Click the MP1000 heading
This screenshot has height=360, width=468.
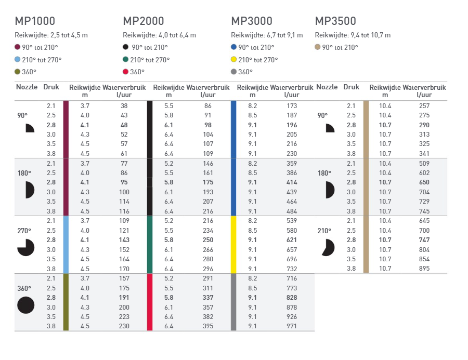pos(35,21)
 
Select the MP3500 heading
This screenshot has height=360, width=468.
pos(335,21)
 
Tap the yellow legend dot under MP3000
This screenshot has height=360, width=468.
pos(233,59)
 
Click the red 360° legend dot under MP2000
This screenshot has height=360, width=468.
pos(126,72)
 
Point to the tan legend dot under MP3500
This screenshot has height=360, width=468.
pos(318,47)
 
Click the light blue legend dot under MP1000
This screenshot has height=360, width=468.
pos(17,59)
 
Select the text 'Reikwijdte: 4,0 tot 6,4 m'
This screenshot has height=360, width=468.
pos(160,35)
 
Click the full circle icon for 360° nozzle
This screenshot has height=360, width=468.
pos(25,305)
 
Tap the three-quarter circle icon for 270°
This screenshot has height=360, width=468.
pos(25,248)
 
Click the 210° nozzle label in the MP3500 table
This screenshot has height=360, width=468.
pos(324,231)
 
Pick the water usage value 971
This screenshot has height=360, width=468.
pos(292,326)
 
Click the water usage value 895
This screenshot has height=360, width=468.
pos(424,269)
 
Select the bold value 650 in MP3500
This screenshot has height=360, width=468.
pos(424,182)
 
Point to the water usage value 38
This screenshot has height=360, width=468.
pos(124,106)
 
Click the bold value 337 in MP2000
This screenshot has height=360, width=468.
pos(208,297)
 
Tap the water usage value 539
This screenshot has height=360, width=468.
pos(292,221)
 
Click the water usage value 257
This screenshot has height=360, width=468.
pos(424,106)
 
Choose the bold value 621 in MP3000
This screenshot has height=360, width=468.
pos(292,240)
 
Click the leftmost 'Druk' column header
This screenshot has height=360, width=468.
pos(51,87)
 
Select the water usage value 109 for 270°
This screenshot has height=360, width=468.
pos(124,221)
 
